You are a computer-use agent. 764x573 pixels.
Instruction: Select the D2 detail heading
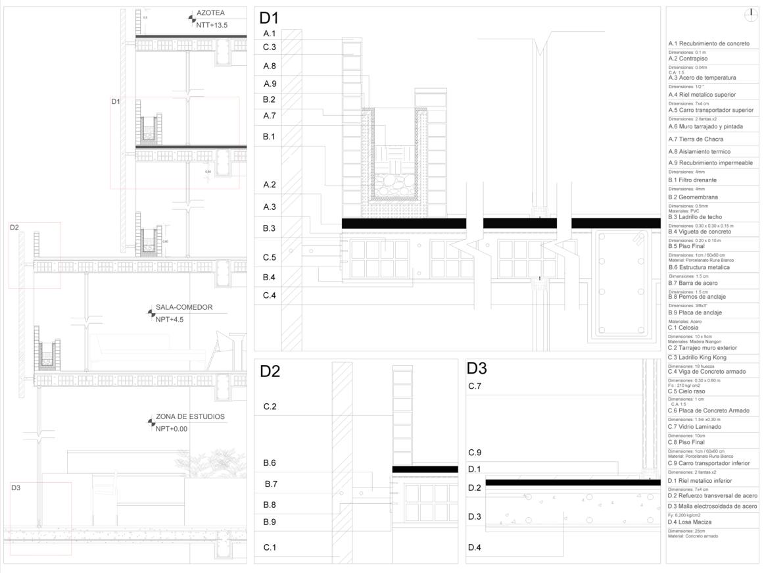270,371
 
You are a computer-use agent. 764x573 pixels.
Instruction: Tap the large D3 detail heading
477,369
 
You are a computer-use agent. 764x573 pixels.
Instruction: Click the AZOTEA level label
210,13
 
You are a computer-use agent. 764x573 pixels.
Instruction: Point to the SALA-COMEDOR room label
184,307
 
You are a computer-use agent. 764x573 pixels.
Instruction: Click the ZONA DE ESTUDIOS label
190,416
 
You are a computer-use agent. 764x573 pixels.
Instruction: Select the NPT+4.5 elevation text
170,319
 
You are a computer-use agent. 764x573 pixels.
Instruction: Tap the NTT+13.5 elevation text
212,25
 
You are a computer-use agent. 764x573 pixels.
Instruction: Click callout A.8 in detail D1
270,66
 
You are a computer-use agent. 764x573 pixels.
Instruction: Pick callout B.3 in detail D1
270,228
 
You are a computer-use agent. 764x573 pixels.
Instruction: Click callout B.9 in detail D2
270,522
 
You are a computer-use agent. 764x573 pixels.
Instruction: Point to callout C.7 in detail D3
475,386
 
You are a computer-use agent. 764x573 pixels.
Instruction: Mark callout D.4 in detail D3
475,547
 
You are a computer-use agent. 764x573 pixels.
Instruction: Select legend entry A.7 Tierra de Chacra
696,139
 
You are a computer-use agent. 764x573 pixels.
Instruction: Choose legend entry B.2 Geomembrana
692,197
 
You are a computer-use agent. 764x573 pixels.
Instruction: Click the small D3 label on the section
16,487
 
